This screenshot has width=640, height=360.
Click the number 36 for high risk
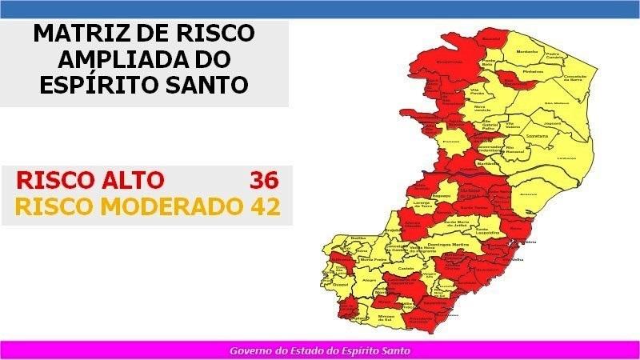(264, 180)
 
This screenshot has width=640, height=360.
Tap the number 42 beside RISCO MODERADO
(264, 206)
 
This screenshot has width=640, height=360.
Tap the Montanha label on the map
(526, 52)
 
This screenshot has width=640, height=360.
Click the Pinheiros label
(532, 71)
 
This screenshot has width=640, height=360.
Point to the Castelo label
(406, 269)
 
